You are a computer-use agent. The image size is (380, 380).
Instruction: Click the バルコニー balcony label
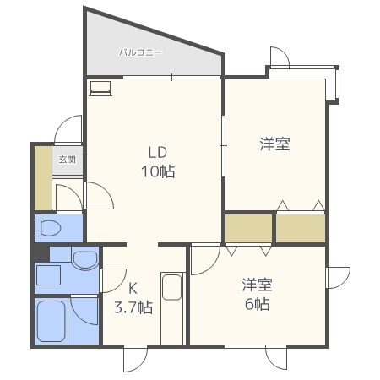click(x=140, y=52)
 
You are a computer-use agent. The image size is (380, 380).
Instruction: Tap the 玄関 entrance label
click(x=68, y=160)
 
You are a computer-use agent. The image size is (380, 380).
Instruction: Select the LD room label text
click(x=158, y=152)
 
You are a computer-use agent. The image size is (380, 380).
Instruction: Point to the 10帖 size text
click(x=158, y=171)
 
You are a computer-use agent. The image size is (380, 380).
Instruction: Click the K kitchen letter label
click(x=133, y=288)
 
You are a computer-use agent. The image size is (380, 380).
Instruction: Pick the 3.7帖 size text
click(x=133, y=307)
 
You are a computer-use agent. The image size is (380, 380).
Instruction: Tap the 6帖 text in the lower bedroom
click(x=258, y=304)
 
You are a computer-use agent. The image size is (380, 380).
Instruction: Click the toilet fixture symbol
click(x=47, y=228)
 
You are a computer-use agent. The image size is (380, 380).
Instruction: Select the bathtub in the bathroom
click(x=52, y=321)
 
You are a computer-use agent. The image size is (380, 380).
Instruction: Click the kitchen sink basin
click(x=171, y=287)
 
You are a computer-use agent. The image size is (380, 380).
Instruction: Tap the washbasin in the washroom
click(x=85, y=260)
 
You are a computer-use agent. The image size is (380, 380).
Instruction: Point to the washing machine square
click(x=48, y=275)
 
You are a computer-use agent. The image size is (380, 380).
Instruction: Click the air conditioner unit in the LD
click(x=100, y=89)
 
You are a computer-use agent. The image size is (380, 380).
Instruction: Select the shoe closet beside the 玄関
click(x=43, y=178)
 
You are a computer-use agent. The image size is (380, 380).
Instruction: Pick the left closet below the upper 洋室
click(x=249, y=228)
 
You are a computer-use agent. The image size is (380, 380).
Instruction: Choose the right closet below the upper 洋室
click(x=301, y=228)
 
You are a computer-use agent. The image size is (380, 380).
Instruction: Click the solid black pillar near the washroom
click(x=41, y=253)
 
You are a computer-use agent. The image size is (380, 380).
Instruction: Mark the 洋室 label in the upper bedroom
click(x=274, y=144)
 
